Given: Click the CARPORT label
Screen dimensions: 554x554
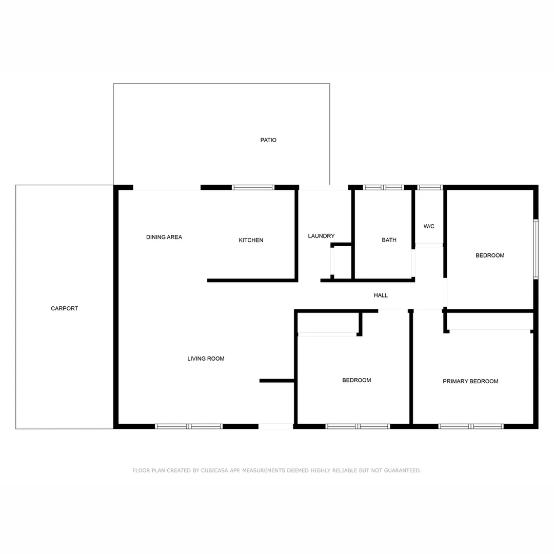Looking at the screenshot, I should [x=65, y=308].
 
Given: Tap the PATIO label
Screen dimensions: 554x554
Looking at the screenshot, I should [x=268, y=140].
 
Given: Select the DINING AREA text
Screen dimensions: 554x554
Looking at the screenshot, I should [x=164, y=237].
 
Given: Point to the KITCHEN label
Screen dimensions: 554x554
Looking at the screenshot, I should [x=251, y=240].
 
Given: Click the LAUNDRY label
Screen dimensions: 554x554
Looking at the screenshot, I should [x=321, y=236].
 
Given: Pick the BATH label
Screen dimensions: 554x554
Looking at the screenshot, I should [x=389, y=240].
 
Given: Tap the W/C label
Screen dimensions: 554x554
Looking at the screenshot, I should [x=429, y=226].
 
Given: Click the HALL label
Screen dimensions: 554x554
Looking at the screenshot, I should [x=381, y=295].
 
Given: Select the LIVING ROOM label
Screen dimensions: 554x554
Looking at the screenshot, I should [x=206, y=359].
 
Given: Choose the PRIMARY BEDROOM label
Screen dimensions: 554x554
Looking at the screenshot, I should [x=470, y=381].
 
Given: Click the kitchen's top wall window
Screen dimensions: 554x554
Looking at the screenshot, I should [x=253, y=188].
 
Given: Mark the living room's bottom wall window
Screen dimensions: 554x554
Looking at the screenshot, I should [x=189, y=426].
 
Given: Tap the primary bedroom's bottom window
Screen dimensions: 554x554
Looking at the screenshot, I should [x=471, y=426].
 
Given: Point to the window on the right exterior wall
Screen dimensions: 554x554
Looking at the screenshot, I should [x=536, y=249].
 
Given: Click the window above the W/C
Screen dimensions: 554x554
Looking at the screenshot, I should [x=430, y=188].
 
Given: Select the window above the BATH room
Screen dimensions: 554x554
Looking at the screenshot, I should [x=383, y=188].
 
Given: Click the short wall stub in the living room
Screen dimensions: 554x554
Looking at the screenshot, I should [x=276, y=381].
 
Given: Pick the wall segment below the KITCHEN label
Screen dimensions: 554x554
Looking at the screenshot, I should [x=252, y=281].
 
